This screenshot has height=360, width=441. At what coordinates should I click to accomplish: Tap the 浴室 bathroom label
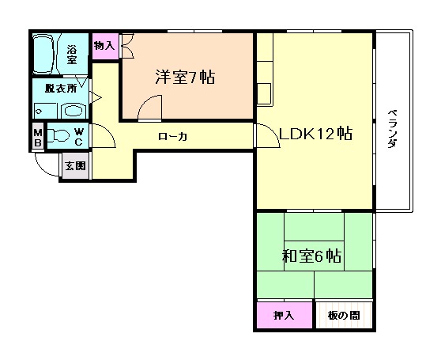[x=72, y=55]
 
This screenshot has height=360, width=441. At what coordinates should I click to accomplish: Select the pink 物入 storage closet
[x=104, y=46]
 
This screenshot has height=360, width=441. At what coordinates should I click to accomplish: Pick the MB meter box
[x=38, y=138]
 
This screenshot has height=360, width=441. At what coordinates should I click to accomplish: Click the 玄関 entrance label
[x=75, y=166]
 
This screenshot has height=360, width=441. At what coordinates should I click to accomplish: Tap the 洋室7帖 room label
[x=184, y=78]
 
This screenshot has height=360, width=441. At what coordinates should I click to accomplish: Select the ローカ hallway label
[x=172, y=137]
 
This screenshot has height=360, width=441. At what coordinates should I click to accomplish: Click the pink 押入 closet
[x=283, y=316]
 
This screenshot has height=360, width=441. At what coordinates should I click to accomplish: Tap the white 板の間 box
[x=344, y=316]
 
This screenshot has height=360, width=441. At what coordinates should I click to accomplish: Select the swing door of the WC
[x=106, y=138]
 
